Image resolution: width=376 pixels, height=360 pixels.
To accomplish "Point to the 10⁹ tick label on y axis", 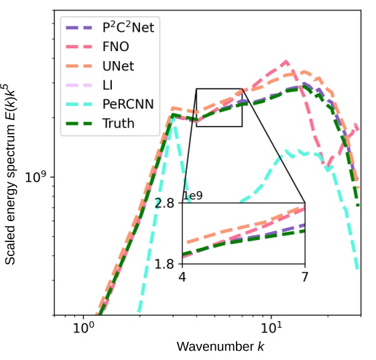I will click(38, 177).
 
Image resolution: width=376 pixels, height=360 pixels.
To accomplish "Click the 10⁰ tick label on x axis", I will click(82, 330).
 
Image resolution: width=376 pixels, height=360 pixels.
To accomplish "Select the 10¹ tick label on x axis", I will click(271, 330).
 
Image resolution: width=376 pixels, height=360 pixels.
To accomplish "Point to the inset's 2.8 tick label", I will click(166, 203).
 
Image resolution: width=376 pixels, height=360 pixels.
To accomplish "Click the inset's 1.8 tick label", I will click(166, 263).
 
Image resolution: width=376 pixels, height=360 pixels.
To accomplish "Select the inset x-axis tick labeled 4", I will click(182, 276).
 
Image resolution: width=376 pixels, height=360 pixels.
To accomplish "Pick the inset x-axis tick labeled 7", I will click(305, 276).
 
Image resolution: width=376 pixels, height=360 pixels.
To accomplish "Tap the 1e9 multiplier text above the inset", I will click(193, 195).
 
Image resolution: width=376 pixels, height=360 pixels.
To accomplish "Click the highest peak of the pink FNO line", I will click(287, 62).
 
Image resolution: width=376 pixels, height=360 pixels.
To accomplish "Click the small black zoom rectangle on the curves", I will click(218, 107).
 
